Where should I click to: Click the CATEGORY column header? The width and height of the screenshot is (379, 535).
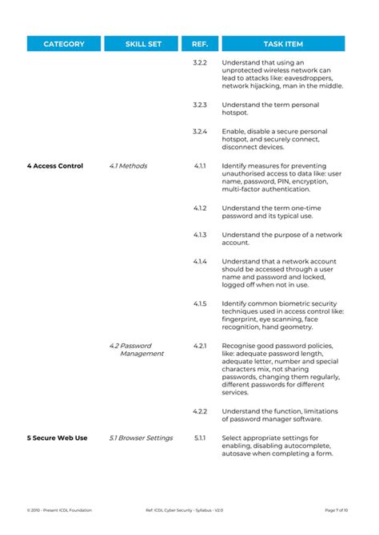[x=64, y=44]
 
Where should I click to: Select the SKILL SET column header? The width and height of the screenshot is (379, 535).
[x=144, y=44]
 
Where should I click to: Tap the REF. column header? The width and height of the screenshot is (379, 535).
[x=200, y=44]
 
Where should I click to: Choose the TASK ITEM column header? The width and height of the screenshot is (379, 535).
[x=283, y=44]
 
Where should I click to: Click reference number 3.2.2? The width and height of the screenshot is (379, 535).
[x=200, y=62]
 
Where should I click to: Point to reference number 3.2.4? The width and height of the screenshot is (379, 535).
[x=200, y=131]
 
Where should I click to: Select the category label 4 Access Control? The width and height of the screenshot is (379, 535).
[x=54, y=166]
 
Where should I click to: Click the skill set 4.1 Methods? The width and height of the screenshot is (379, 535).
[x=128, y=166]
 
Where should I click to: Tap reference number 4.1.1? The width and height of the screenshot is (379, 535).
[x=200, y=166]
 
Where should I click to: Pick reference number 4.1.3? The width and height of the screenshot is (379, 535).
[x=200, y=235]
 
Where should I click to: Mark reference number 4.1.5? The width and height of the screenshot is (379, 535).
[x=200, y=304]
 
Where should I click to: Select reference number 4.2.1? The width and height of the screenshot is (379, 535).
[x=200, y=346]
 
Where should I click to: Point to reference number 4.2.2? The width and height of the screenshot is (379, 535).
[x=200, y=410]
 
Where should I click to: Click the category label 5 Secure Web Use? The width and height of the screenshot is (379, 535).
[x=57, y=438]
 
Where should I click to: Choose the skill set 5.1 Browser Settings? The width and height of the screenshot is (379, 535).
[x=141, y=438]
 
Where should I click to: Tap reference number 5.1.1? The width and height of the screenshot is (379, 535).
[x=200, y=438]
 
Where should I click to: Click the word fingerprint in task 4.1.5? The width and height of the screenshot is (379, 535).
[x=240, y=320]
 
